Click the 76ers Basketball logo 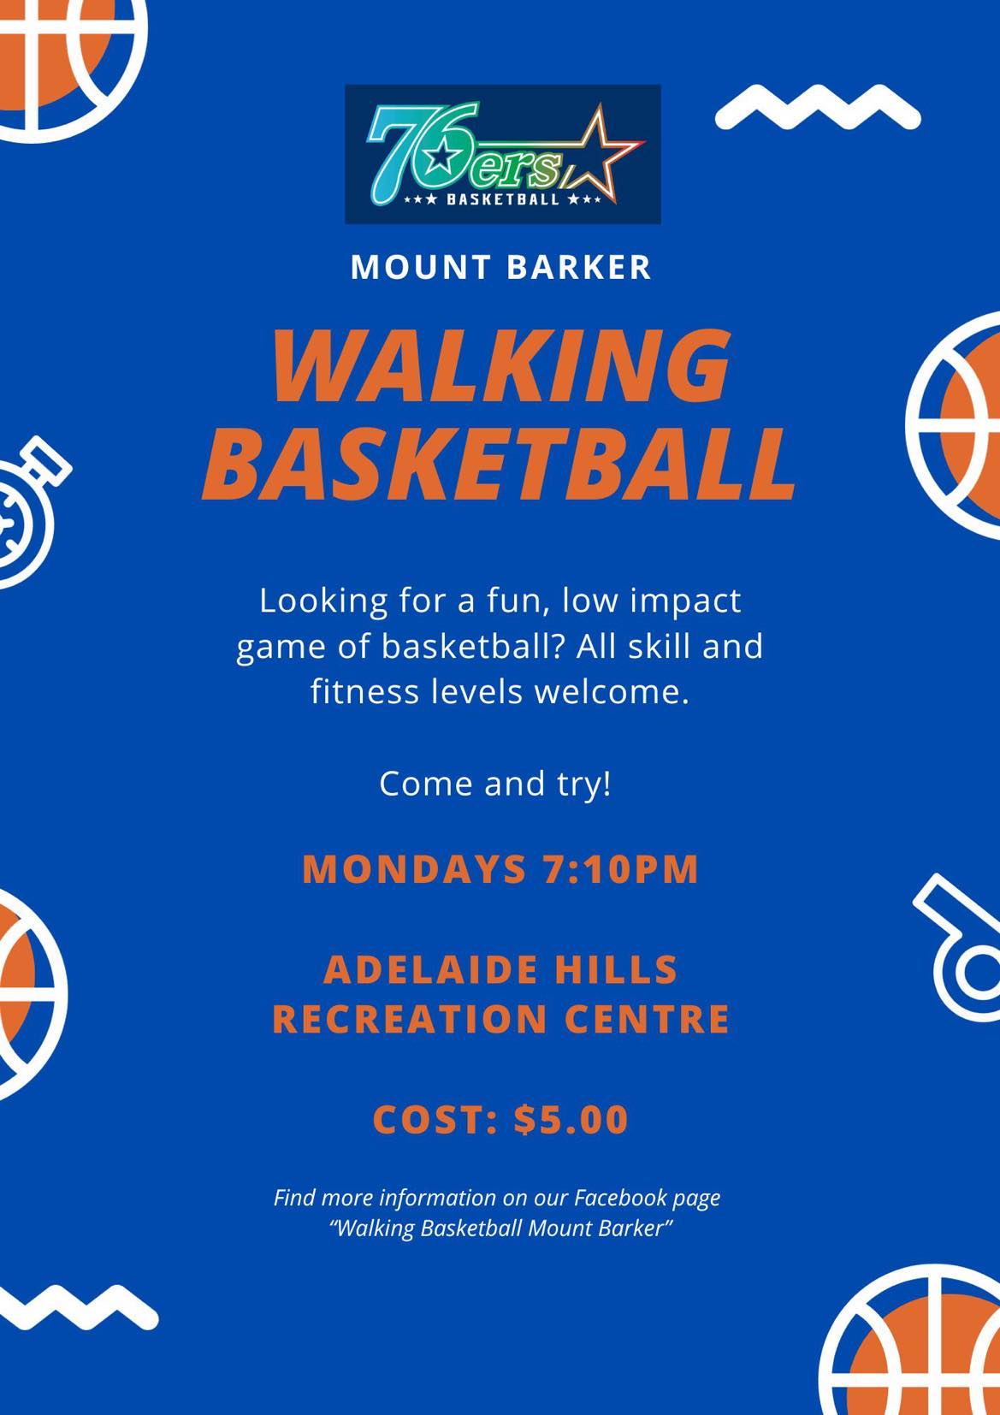pos(503,154)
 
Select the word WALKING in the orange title pos(501,368)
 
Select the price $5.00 pos(571,1120)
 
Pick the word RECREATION pos(410,1019)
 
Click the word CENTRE pos(648,1019)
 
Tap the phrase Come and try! pos(495,784)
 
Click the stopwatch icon pos(28,512)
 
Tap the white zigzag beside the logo pos(818,108)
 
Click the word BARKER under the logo pos(578,267)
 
